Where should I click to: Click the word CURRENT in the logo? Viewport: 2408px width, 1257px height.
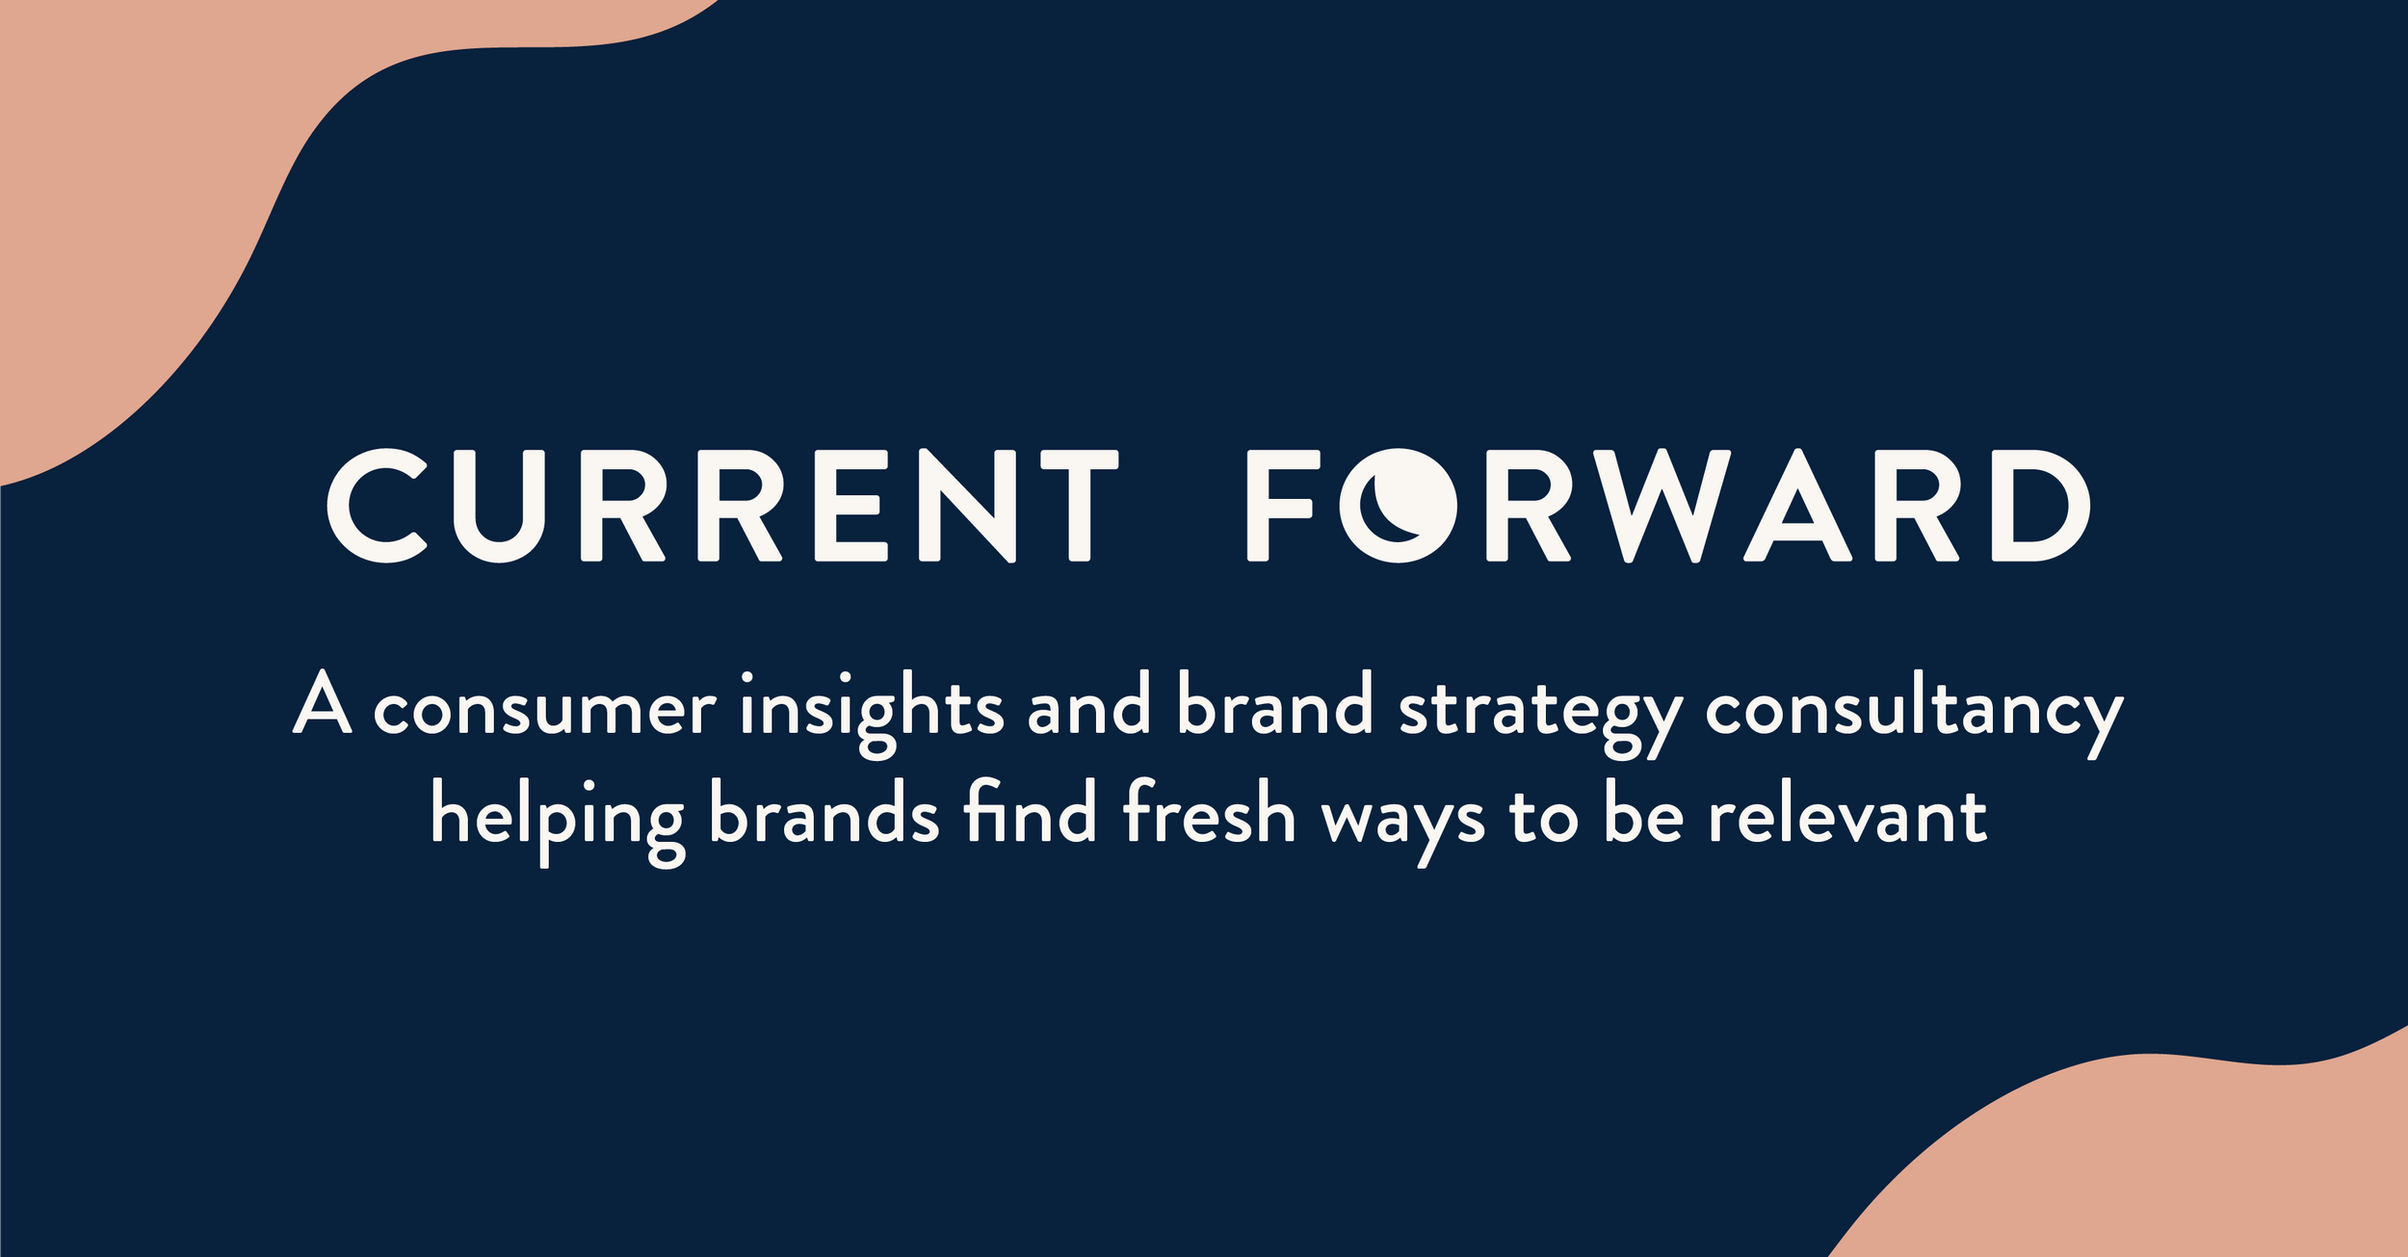(722, 505)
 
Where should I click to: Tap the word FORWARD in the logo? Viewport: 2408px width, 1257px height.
(1667, 505)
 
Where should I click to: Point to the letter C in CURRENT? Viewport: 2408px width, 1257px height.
(376, 505)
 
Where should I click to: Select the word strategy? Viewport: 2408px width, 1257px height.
(1541, 713)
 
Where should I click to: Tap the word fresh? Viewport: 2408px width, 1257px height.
(1209, 815)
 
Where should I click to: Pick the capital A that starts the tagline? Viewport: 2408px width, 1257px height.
(322, 703)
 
